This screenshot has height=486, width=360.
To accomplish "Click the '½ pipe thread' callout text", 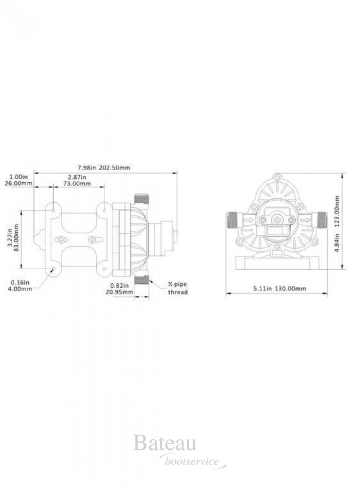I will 178,289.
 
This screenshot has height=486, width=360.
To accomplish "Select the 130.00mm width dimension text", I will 279,288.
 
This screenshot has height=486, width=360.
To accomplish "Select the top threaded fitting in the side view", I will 142,198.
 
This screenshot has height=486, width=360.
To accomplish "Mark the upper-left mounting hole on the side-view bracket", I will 53,210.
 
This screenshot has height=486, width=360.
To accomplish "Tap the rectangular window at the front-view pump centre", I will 277,233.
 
